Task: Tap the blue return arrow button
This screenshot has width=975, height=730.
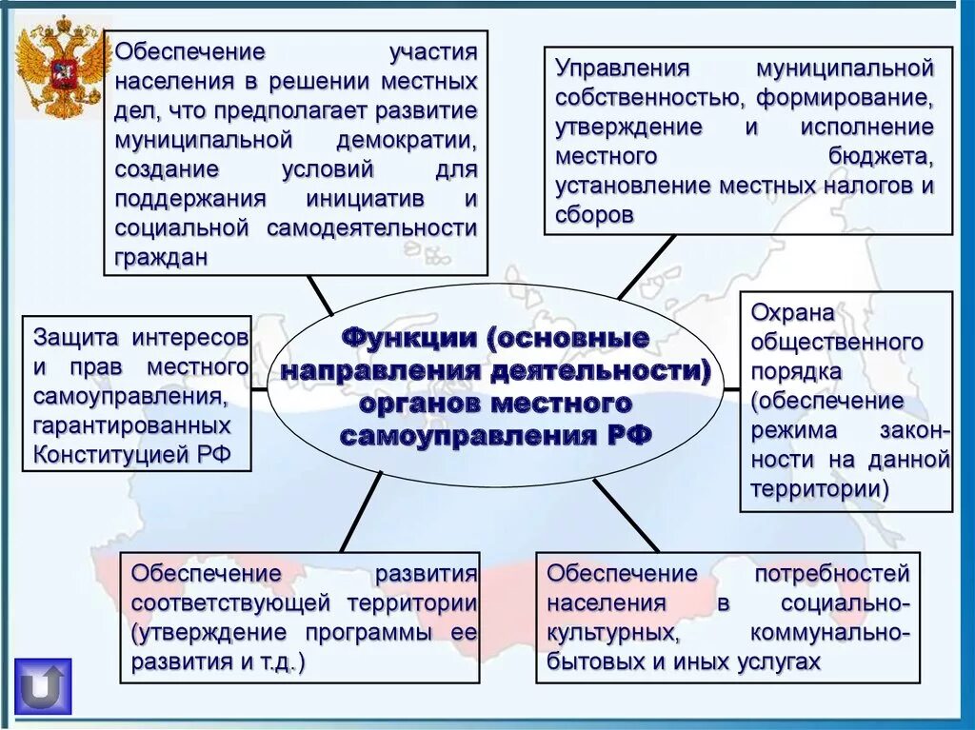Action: [x=43, y=685]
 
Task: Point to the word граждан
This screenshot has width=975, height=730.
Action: [x=161, y=258]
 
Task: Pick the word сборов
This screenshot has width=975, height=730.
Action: [x=595, y=215]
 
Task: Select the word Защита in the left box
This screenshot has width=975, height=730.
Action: [x=76, y=338]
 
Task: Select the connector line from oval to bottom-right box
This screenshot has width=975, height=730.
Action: [x=626, y=514]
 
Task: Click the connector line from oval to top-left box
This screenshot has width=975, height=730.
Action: [x=320, y=296]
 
